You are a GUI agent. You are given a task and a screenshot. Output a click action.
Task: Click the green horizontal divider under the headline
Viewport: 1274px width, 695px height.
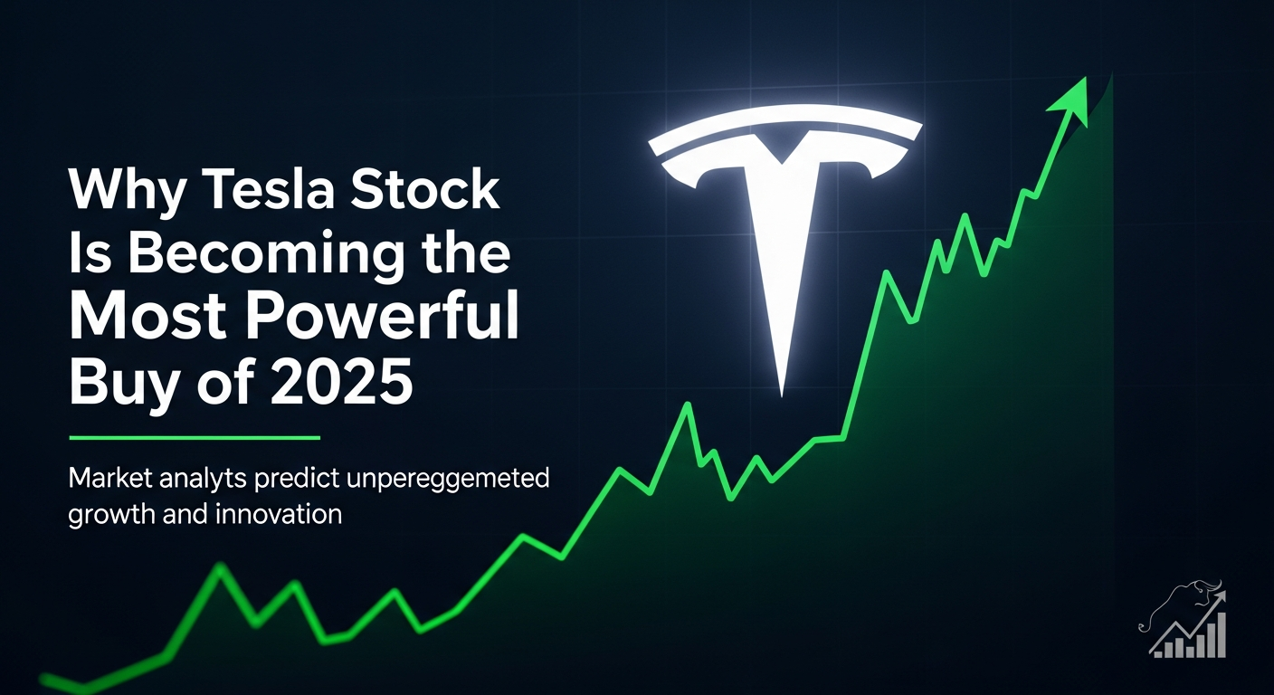(195, 438)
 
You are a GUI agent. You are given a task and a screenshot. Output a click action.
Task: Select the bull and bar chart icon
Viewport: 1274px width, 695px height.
(1184, 620)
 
